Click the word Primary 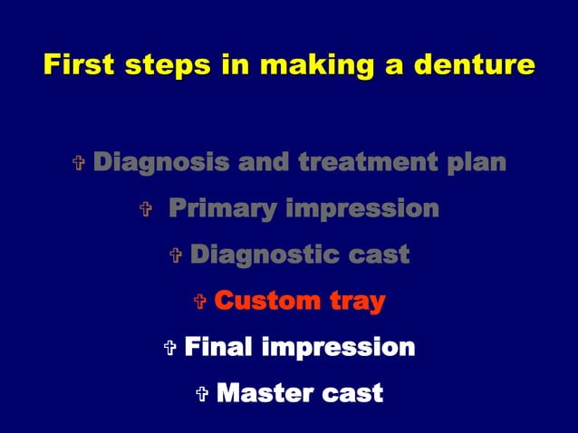click(222, 210)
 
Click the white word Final click(217, 347)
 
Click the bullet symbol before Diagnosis click(78, 165)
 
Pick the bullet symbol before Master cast click(202, 394)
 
